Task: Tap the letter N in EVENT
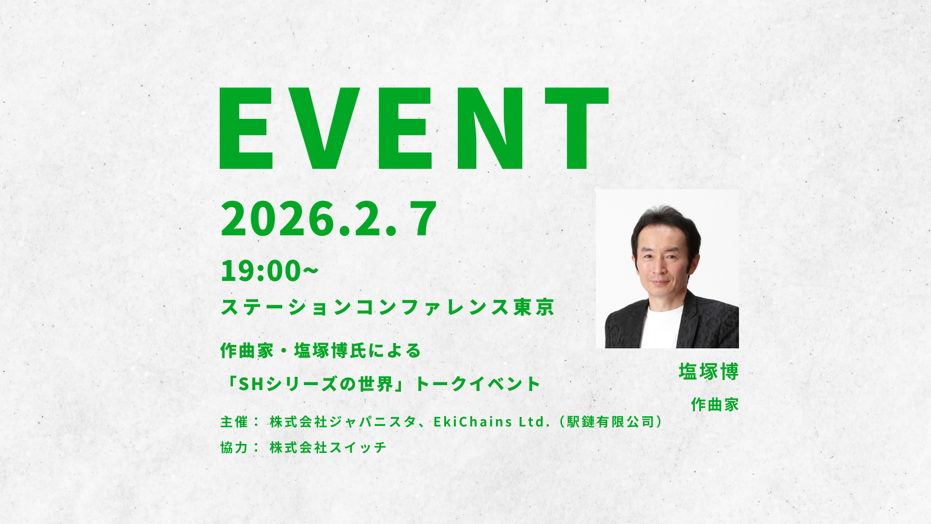coord(490,129)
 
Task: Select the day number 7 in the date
coord(423,219)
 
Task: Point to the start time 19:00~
coord(269,271)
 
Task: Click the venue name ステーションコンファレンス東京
coord(387,307)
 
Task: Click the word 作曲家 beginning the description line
coord(247,350)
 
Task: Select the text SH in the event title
coord(251,384)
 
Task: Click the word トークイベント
coord(478,384)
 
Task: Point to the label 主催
coord(234,422)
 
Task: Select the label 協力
coord(234,447)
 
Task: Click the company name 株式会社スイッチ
coord(328,447)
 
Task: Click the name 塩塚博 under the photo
coord(708,372)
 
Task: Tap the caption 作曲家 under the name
coord(715,404)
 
